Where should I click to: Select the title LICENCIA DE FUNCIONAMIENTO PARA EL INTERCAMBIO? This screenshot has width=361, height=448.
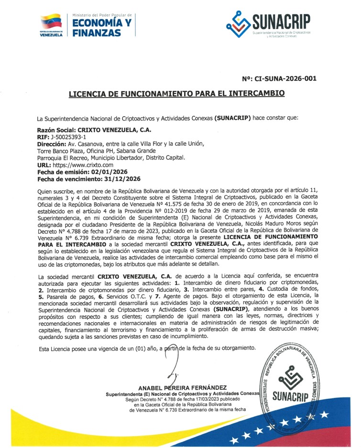pos(176,93)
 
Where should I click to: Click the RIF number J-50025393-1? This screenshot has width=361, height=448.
pos(65,137)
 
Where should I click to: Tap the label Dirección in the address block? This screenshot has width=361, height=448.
pos(52,144)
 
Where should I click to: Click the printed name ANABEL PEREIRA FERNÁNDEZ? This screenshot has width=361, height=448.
pos(182,387)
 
